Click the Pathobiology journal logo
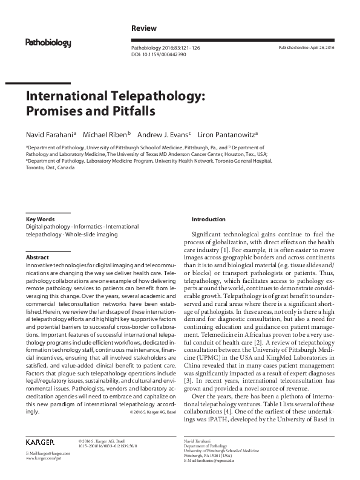point(48,43)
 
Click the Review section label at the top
point(144,28)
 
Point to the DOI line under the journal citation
point(159,54)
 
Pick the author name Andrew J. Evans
point(163,134)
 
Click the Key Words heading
point(40,219)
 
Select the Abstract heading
point(37,258)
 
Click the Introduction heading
point(209,219)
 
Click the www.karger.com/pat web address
point(43,475)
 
